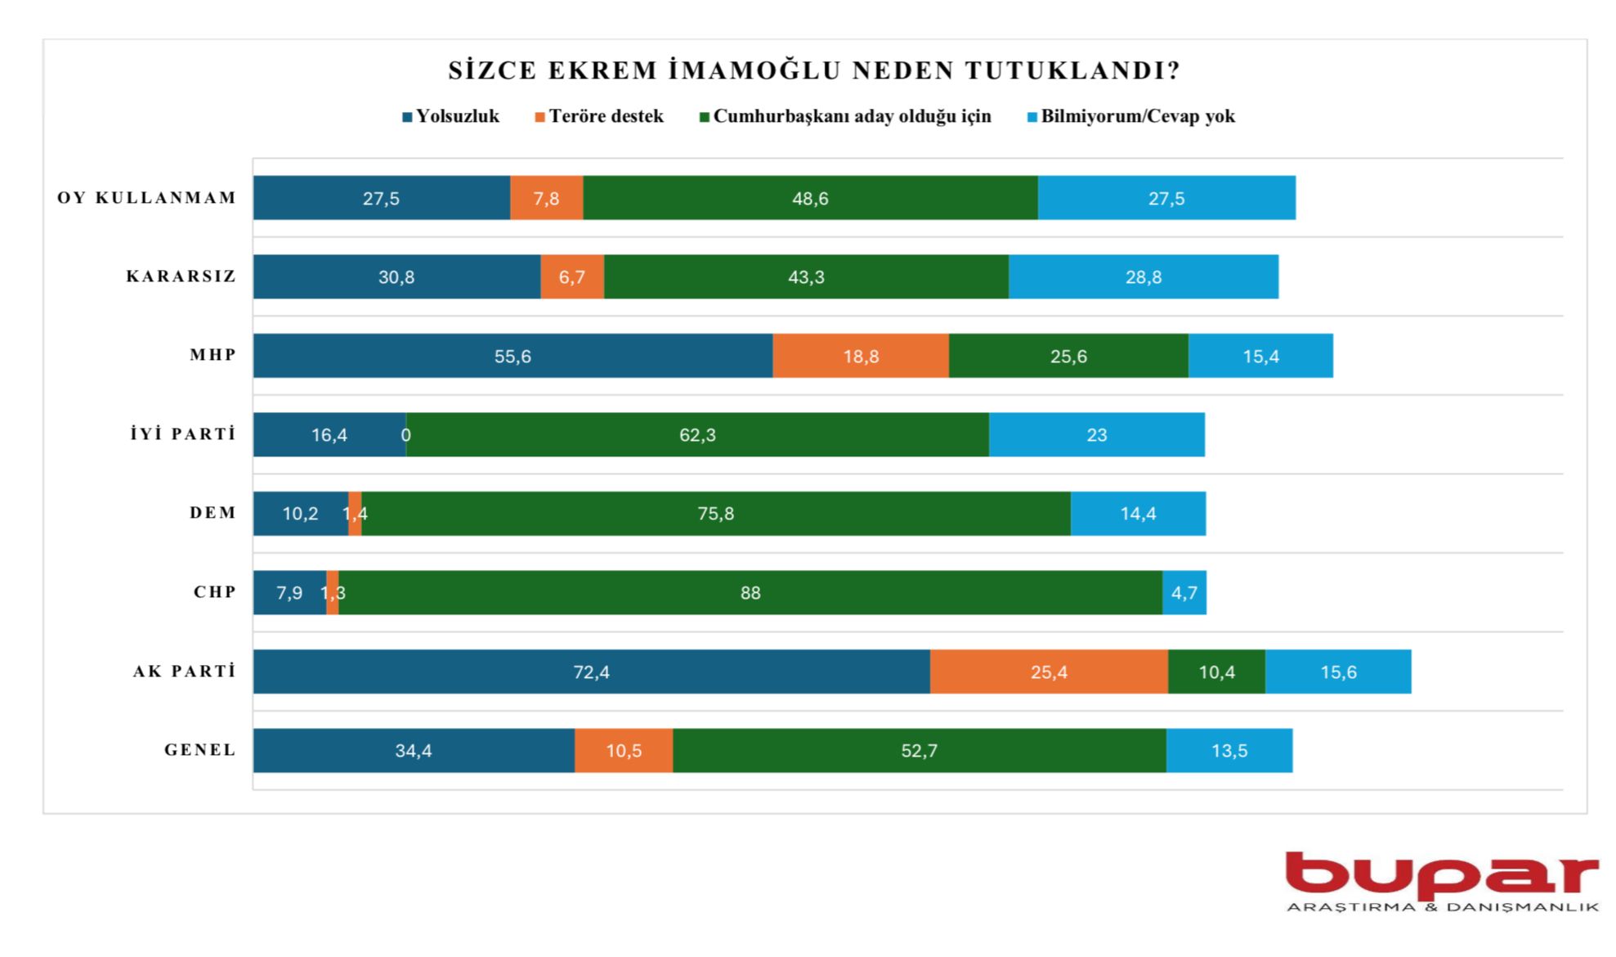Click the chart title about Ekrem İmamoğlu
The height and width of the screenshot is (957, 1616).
tap(814, 70)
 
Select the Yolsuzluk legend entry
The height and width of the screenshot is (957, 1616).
tap(450, 116)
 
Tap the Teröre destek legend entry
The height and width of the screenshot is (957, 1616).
tap(599, 116)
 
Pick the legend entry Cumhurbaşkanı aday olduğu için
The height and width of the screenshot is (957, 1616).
tap(845, 116)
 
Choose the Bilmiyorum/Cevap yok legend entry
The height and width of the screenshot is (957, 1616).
tap(1130, 116)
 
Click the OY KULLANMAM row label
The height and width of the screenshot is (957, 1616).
tap(146, 198)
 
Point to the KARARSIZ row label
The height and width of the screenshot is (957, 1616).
tap(181, 276)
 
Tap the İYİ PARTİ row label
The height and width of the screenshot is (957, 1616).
tap(182, 434)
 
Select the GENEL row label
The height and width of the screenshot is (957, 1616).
tap(200, 750)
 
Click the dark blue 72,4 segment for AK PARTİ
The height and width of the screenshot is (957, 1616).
tap(591, 672)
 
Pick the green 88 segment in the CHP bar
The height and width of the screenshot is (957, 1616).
tap(750, 592)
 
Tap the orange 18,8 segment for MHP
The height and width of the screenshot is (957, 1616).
tap(861, 356)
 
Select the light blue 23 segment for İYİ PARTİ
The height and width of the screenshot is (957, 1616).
tap(1096, 434)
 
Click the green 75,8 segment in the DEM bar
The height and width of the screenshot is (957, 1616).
tap(716, 514)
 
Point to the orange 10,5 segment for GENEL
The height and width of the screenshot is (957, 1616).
tap(624, 751)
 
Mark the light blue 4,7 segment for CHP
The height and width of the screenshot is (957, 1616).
tap(1184, 592)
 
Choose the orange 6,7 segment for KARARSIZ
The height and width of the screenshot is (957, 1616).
tap(572, 276)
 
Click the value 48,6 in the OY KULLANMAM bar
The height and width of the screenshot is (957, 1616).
tap(810, 198)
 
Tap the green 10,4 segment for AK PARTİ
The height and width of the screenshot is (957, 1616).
tap(1216, 672)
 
